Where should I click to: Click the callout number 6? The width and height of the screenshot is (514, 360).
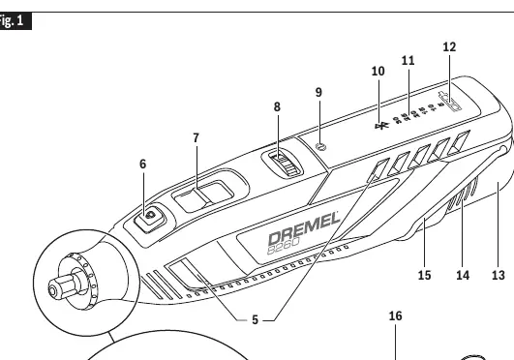tap(142, 164)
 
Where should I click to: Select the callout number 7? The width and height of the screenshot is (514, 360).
tap(197, 138)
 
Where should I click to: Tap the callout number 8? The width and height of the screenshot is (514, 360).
tap(277, 106)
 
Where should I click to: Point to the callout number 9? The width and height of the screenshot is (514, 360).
tap(318, 92)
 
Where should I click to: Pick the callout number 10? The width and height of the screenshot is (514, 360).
tap(378, 72)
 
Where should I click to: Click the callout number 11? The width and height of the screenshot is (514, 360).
tap(408, 60)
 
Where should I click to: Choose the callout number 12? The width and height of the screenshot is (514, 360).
tap(449, 47)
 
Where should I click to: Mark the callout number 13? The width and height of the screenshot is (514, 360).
tap(499, 276)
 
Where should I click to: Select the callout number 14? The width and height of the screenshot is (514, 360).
tap(463, 276)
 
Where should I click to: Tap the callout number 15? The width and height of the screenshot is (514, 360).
tap(424, 276)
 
